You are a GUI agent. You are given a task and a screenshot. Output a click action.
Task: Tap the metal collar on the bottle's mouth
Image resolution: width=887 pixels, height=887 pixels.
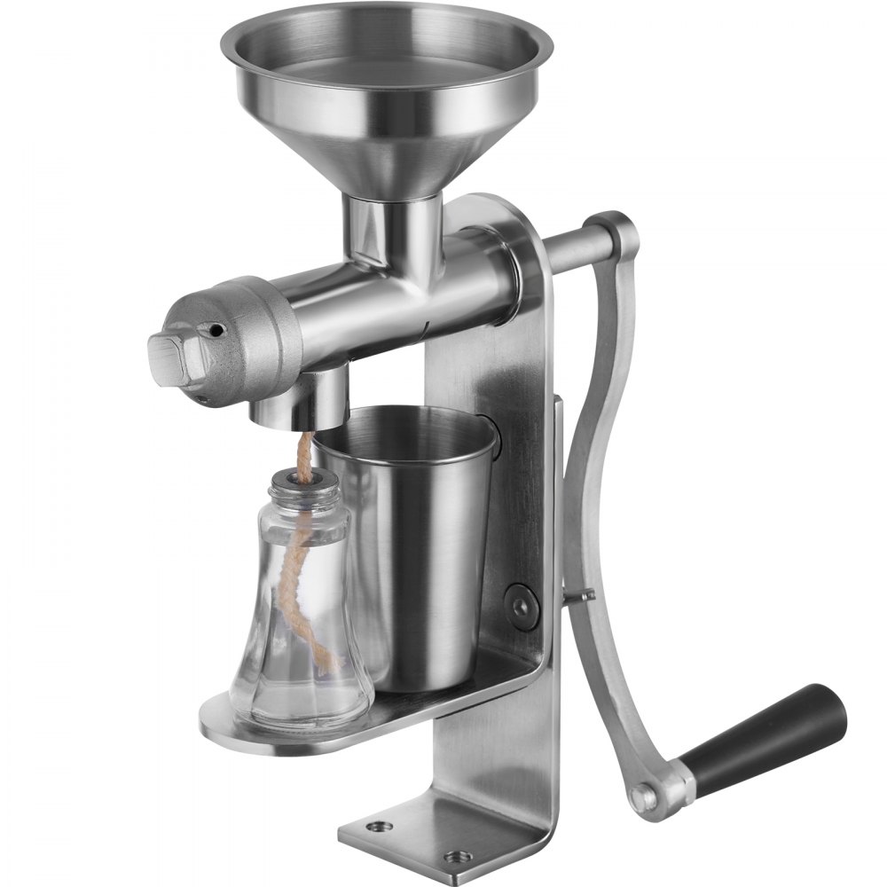click(x=304, y=483)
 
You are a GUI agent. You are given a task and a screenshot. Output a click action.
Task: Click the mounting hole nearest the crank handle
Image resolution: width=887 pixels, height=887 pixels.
click(x=458, y=857)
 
